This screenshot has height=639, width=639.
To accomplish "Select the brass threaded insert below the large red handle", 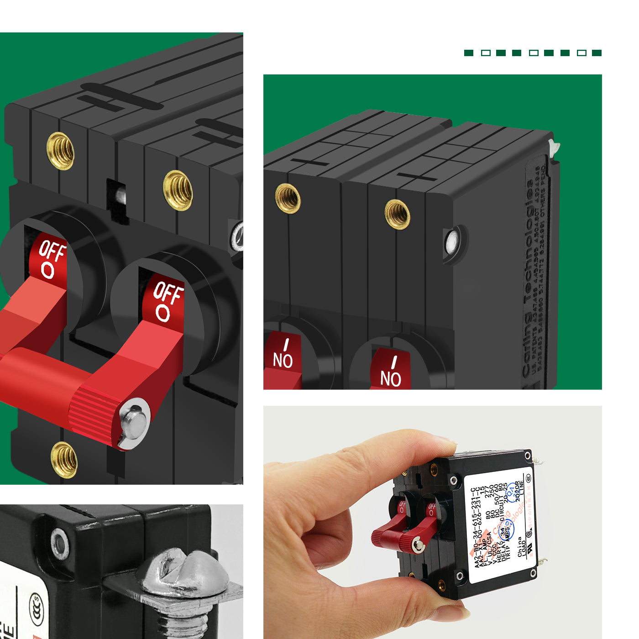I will pos(64,459).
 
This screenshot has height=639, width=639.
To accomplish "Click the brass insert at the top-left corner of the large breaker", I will pos(60,151).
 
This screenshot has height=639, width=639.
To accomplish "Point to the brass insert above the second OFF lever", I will pos(178,190).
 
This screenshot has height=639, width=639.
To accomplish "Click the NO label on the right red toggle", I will pos(391,378).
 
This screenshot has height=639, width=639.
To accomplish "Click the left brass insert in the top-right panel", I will pos(288,198).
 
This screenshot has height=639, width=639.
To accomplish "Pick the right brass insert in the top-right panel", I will pos(397,214).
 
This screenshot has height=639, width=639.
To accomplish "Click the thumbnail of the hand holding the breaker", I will pos(432,522).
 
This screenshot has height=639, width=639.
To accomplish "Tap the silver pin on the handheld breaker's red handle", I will pos(418,545).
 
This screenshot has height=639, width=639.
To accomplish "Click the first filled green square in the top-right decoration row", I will pos(468,53).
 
